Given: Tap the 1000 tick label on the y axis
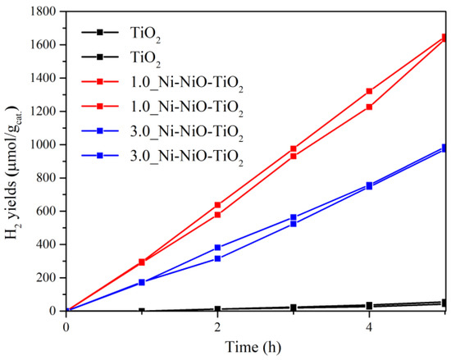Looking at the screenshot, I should point(43,144).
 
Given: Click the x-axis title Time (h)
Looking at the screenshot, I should point(256,346).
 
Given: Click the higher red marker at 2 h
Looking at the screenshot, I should point(217,205).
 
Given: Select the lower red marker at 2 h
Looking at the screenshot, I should point(217,215).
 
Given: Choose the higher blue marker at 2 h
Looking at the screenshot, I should point(217,248).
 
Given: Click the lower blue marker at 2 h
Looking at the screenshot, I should point(217,258).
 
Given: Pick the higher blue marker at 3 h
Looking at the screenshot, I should point(293,217).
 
